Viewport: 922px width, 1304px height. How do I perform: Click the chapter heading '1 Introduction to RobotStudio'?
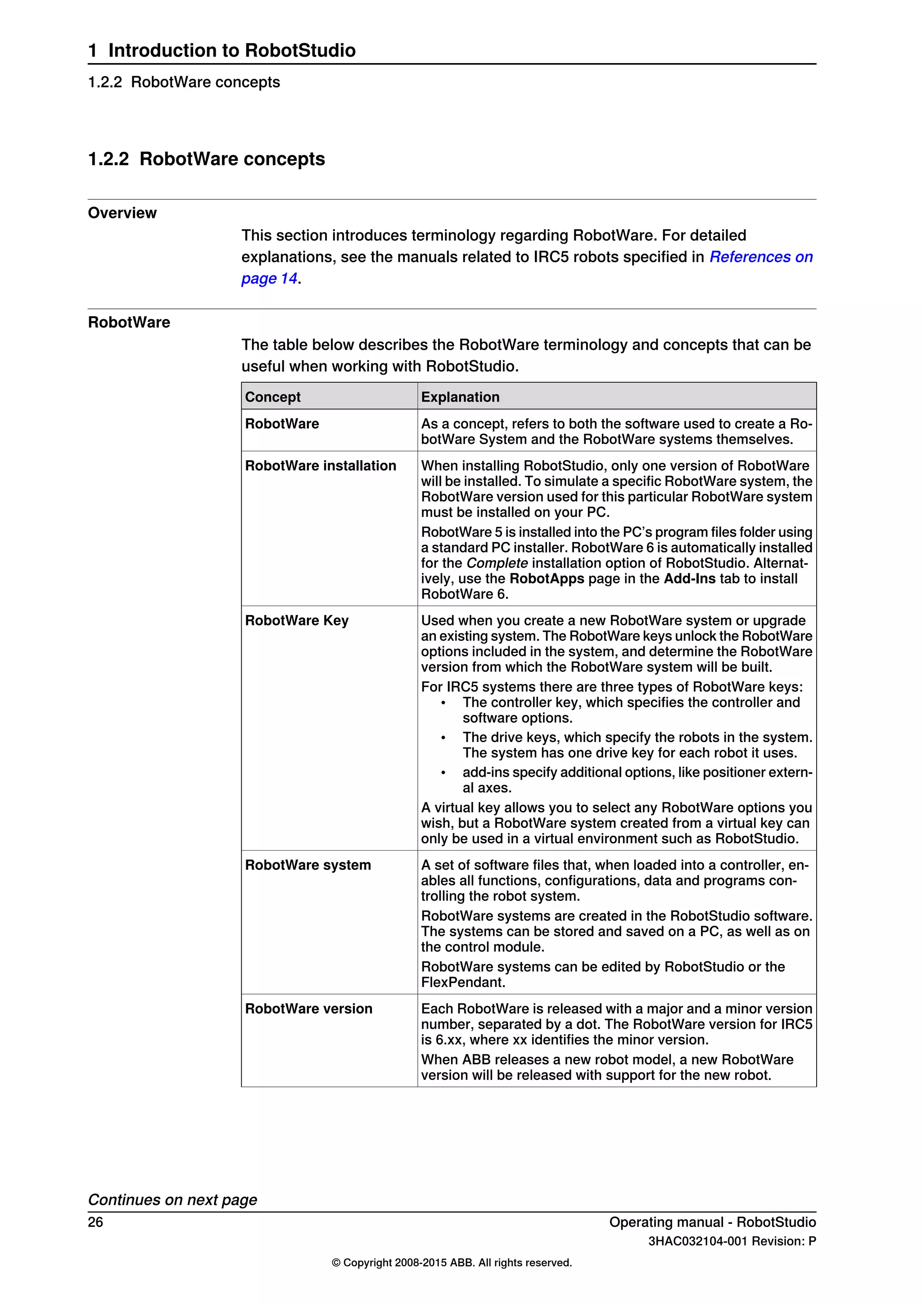coord(221,50)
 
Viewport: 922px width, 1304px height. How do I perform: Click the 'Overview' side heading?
coord(122,213)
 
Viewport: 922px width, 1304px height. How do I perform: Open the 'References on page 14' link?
coord(761,257)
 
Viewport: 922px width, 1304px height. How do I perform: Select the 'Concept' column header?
coord(272,397)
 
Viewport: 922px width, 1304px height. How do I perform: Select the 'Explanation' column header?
coord(460,397)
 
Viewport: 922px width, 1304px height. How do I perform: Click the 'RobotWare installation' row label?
coord(320,466)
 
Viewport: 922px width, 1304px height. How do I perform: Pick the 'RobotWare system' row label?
coord(308,865)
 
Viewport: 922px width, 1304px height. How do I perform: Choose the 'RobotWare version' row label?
coord(308,1009)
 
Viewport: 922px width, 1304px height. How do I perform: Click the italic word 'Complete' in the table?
coord(497,563)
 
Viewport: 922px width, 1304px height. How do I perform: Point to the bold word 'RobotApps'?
coord(547,579)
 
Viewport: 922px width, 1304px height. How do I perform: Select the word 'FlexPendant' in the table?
coord(463,983)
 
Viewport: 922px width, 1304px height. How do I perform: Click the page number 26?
coord(95,1222)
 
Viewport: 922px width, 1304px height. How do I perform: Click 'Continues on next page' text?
coord(172,1200)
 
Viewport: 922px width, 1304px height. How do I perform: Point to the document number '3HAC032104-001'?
coord(696,1241)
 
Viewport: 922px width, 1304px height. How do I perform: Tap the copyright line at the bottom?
coord(452,1263)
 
